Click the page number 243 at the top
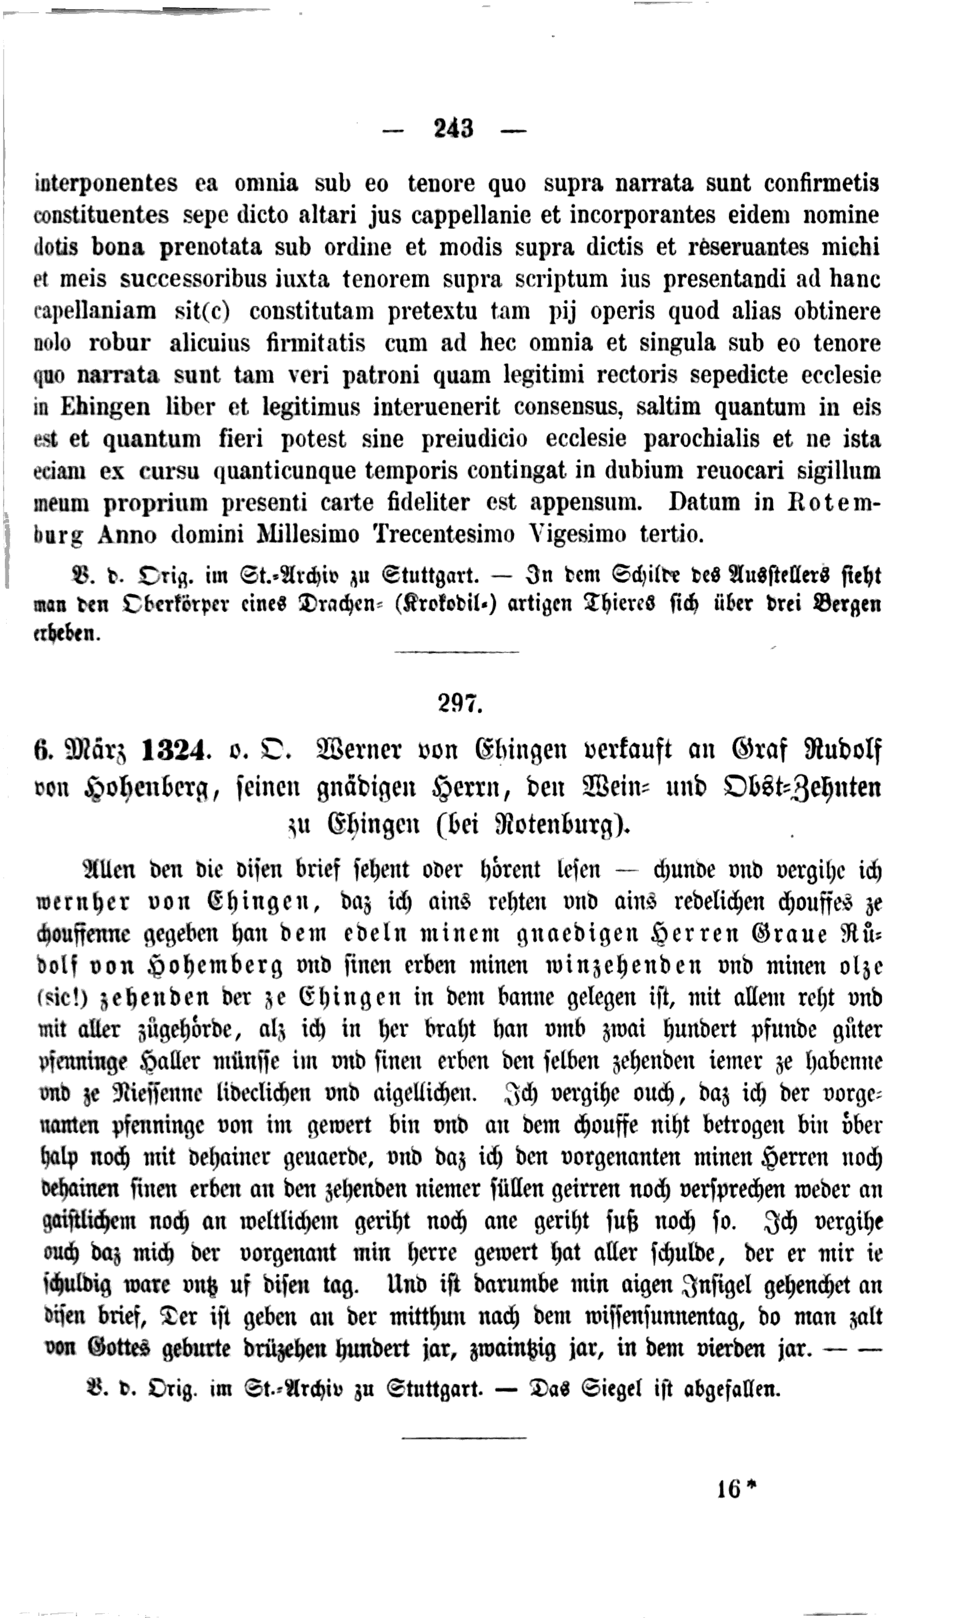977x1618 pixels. pos(453,128)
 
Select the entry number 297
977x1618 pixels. pos(459,703)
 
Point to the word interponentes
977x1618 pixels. pos(106,183)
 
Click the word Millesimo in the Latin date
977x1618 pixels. pos(307,535)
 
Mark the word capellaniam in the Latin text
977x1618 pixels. pos(95,311)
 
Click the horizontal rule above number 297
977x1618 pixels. pos(456,652)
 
